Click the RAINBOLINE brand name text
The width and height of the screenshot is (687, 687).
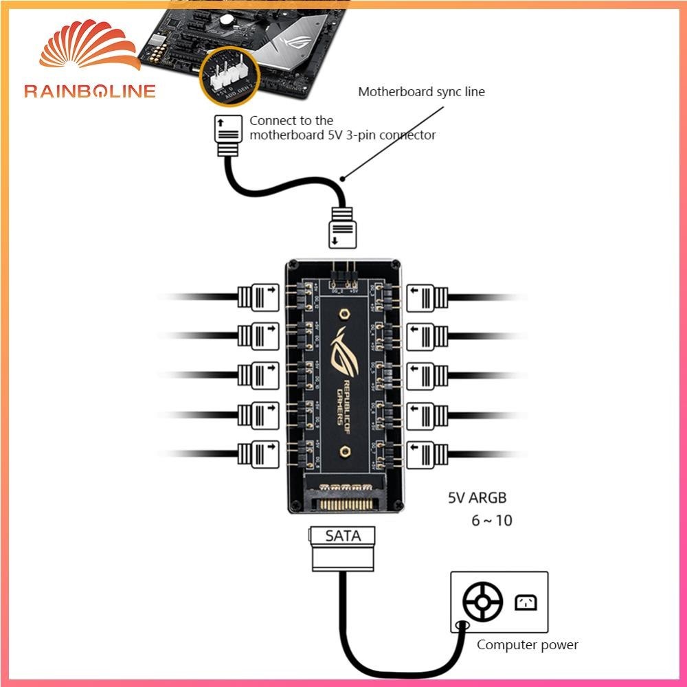90,91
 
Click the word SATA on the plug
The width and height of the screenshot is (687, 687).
343,536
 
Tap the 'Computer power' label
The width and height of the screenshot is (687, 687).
527,644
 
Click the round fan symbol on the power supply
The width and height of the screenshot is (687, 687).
484,602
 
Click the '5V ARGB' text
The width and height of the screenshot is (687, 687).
477,498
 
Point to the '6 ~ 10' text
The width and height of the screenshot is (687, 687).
491,520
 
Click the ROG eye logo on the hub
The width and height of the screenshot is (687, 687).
342,351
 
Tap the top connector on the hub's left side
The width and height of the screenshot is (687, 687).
259,297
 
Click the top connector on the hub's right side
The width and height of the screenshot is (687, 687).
427,297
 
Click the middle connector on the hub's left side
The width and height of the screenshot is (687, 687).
259,375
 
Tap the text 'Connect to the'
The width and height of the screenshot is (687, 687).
291,120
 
